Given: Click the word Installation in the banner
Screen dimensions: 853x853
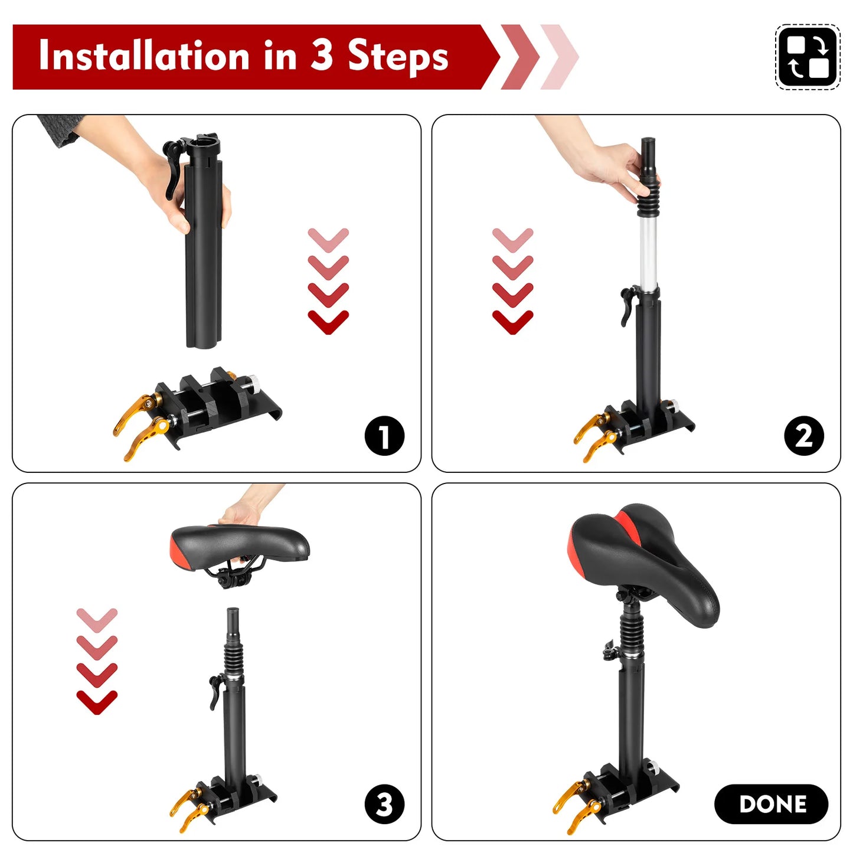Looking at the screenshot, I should [144, 56].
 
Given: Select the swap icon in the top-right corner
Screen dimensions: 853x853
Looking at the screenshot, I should [807, 57].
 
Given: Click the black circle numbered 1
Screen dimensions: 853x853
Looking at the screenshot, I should [384, 436].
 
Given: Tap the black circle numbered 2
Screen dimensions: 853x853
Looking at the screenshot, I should [803, 436].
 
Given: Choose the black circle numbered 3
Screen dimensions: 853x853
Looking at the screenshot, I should [384, 804].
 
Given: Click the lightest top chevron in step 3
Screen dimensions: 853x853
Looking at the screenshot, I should [97, 619].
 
